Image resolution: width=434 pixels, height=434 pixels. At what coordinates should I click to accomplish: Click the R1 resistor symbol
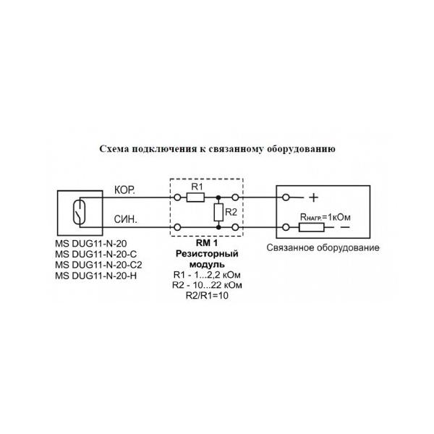coord(196,197)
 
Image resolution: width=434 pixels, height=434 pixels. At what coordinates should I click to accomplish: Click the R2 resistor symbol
coord(218,212)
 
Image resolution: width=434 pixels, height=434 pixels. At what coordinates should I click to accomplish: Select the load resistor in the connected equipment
coord(311,228)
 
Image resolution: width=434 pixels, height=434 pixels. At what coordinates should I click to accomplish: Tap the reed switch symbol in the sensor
coord(79,212)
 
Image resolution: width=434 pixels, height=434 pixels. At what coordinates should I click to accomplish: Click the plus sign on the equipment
coord(314,197)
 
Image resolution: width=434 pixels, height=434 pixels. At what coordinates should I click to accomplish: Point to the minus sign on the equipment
coord(345,227)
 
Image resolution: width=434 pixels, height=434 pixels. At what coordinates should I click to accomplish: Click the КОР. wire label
coord(124,190)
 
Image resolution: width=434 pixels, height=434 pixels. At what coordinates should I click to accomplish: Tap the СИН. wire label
coord(126,219)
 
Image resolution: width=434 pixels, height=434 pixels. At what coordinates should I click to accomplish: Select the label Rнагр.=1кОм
coord(325,217)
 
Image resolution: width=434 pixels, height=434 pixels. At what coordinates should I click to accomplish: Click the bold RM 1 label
coord(207,243)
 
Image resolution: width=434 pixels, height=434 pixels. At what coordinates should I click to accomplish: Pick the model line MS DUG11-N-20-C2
coord(98,265)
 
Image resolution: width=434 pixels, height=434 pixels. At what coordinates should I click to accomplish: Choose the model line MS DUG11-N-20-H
coord(95,276)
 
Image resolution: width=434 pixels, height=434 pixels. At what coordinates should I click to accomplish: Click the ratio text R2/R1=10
coord(207,296)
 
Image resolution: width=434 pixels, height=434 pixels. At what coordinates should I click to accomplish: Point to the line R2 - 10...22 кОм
coord(207,285)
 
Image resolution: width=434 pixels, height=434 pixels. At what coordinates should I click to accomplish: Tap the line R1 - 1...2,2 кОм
coord(207,275)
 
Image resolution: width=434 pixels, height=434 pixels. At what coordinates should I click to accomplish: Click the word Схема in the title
coord(114,149)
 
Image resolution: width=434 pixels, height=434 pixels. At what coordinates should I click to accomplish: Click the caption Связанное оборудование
coord(323,247)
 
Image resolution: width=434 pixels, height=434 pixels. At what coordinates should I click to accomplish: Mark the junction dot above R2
coord(218,197)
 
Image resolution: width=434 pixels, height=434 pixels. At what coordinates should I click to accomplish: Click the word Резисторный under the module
coord(207,254)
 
